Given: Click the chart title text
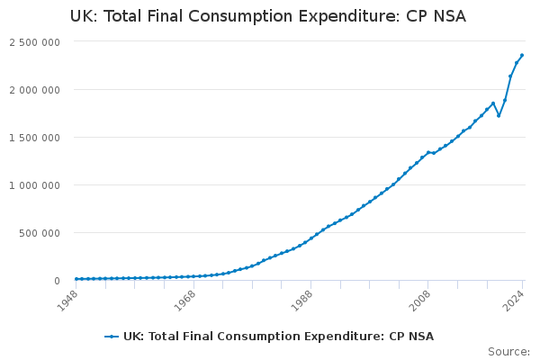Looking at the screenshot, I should click(268, 16).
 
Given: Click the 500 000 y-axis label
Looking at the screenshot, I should click(39, 233).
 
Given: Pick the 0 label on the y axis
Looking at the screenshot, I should click(56, 281).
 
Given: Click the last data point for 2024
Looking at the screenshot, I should click(522, 55).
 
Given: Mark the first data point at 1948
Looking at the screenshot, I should click(76, 279).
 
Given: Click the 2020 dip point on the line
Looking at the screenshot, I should click(499, 115).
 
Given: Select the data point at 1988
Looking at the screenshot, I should click(310, 238).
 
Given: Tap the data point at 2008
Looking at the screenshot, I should click(428, 152).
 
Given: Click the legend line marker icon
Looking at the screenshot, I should click(112, 337).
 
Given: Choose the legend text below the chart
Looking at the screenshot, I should click(278, 337).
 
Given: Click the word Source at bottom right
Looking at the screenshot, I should click(508, 351).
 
